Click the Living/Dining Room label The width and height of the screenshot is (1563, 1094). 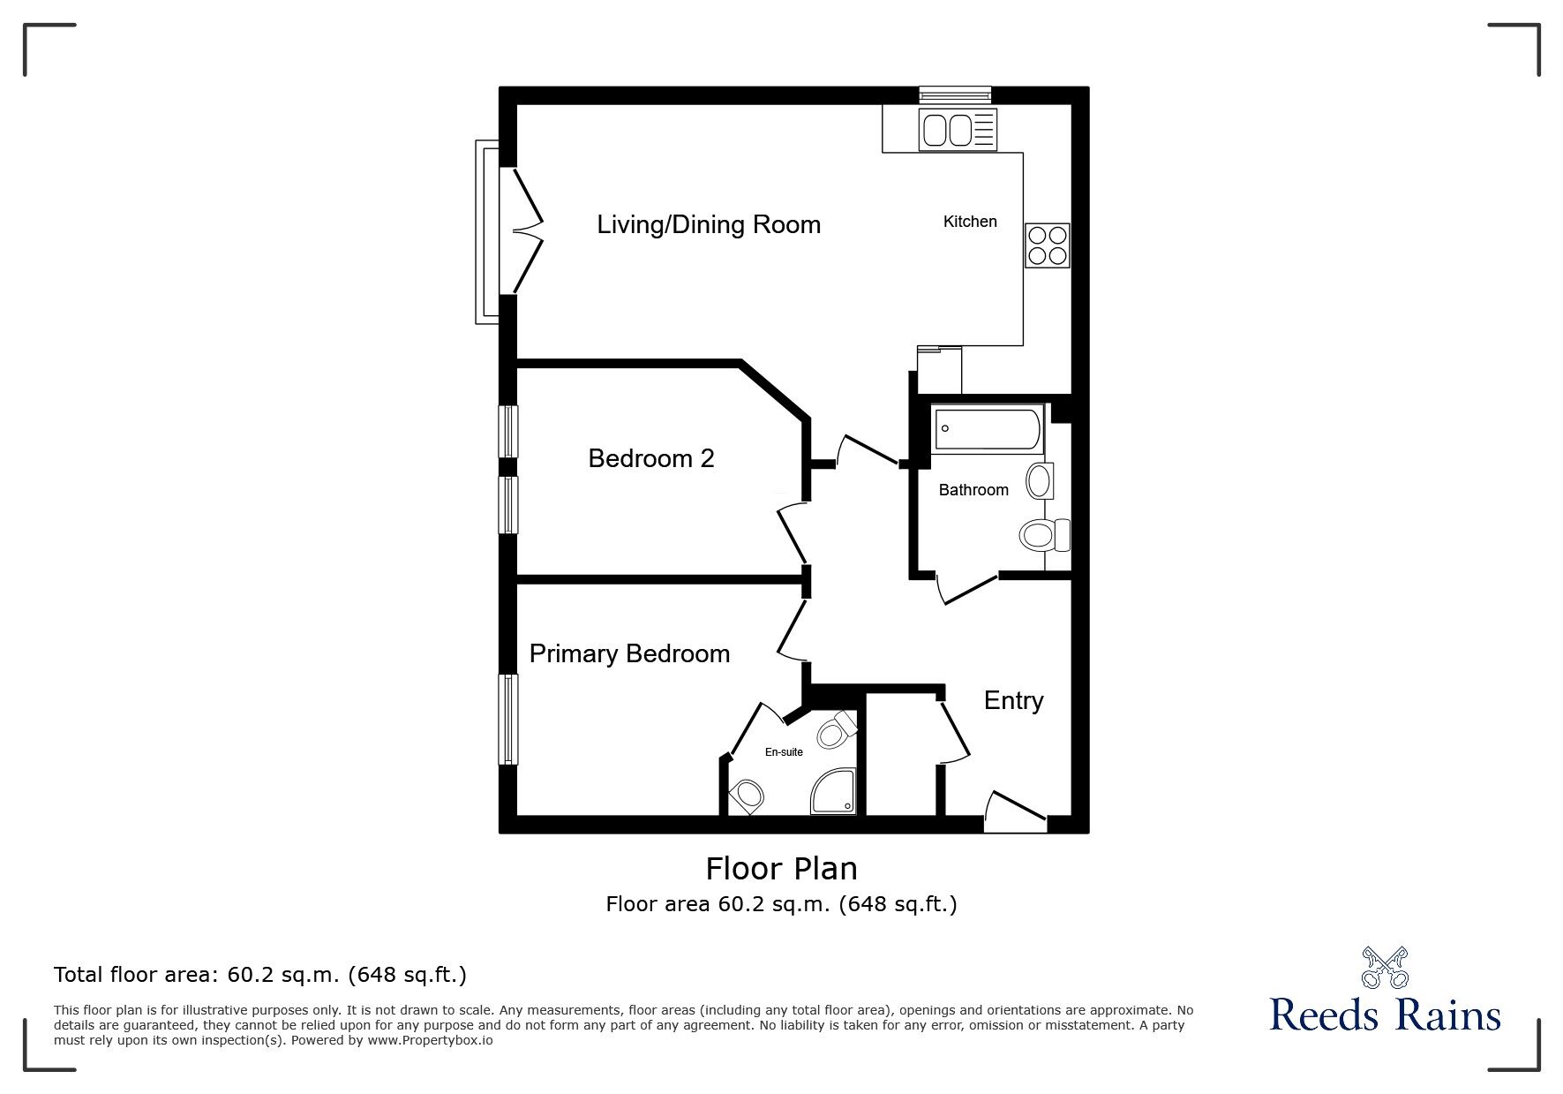pos(709,224)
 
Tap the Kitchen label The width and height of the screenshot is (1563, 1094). pos(970,222)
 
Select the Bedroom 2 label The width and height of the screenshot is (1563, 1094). pos(651,458)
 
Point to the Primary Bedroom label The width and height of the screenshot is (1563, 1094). pos(629,653)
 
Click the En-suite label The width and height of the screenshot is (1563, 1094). pos(784,752)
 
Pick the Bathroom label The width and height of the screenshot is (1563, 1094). pos(973,490)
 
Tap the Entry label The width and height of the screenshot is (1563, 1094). pos(1013,700)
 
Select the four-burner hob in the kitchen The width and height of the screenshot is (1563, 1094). pos(1047,245)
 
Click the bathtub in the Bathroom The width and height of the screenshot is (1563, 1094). pos(987,429)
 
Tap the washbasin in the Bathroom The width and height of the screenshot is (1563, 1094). pos(1040,481)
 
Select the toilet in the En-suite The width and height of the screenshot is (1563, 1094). pos(836,730)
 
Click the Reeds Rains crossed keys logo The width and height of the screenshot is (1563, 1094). pos(1384,968)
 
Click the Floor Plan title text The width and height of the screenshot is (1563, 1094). pos(781,869)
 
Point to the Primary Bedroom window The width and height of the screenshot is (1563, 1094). pos(507,719)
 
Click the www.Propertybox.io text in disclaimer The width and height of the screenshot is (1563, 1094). pos(430,1040)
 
